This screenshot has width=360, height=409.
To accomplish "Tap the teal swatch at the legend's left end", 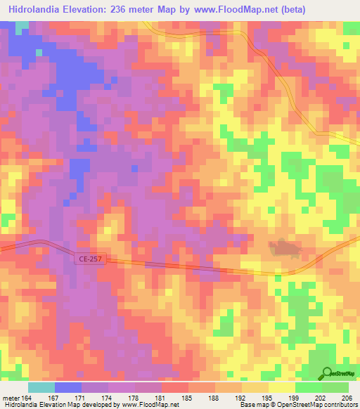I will coord(41,387).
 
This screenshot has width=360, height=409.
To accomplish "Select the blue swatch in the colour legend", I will coord(68,387).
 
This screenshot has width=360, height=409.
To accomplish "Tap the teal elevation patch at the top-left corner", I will coord(23,26).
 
